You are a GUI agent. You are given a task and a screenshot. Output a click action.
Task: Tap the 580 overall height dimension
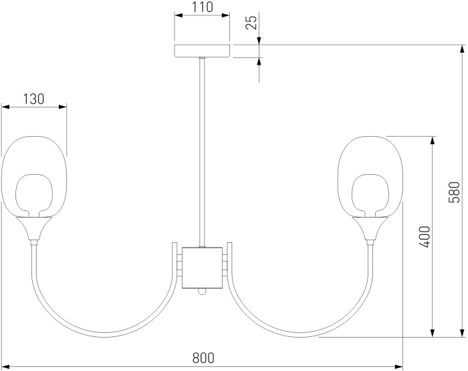454,192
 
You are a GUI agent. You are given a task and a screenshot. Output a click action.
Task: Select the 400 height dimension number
425,237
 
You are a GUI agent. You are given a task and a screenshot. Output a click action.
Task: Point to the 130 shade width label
33,99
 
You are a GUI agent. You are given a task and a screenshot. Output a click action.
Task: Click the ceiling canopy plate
202,51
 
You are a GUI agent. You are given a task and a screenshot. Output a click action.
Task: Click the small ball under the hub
201,292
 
